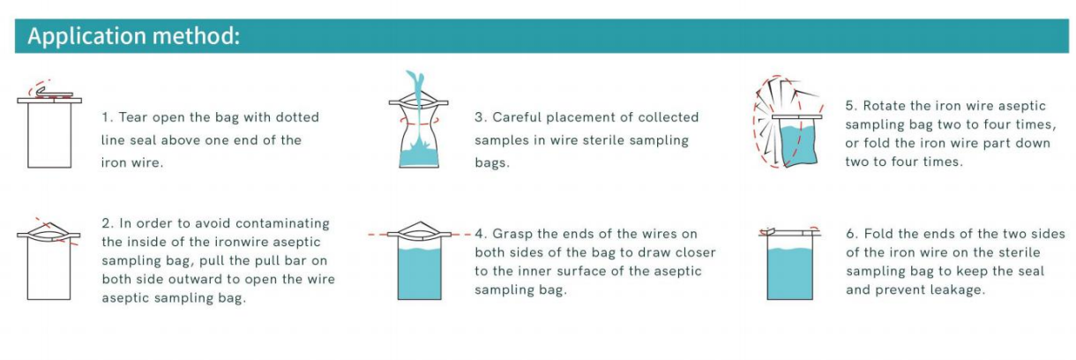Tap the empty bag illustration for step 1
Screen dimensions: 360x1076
pyautogui.click(x=49, y=132)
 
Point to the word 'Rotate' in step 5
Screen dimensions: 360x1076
pyautogui.click(x=885, y=105)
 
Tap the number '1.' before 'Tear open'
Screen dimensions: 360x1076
pyautogui.click(x=107, y=117)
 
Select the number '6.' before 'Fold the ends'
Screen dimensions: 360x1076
pyautogui.click(x=852, y=234)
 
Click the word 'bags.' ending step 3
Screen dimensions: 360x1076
pyautogui.click(x=492, y=163)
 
